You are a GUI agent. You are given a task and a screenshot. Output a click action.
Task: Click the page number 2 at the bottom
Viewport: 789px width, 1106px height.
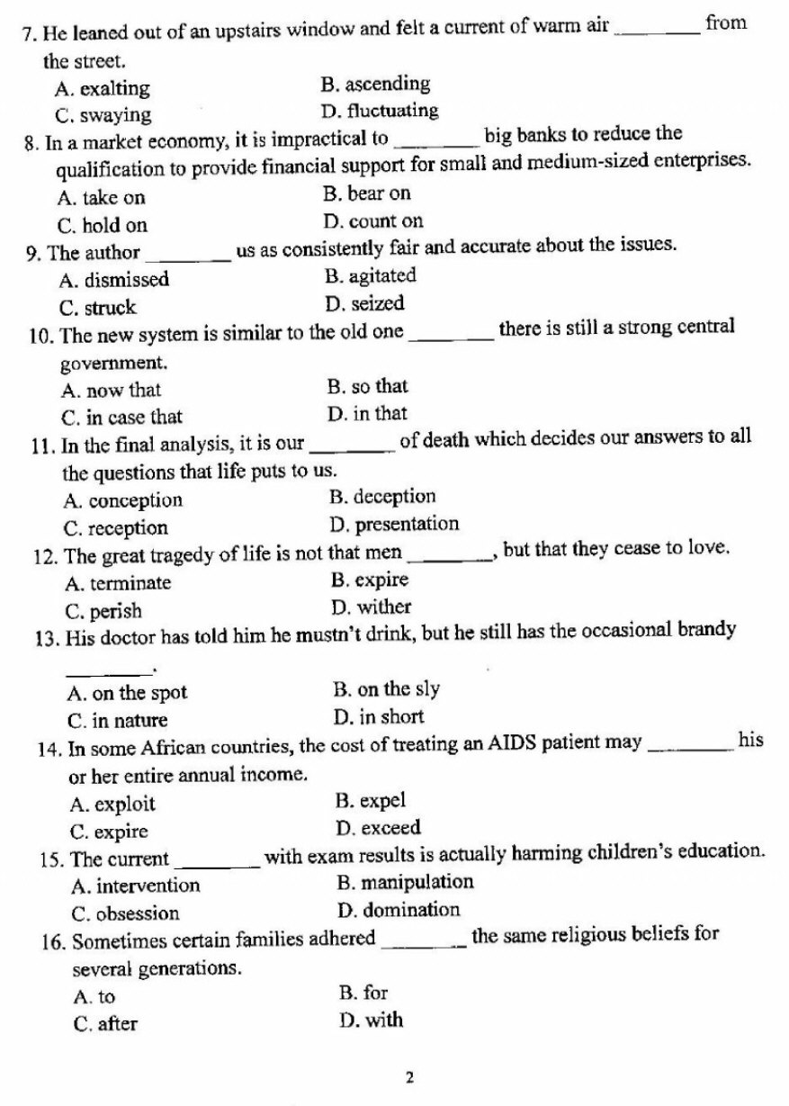pyautogui.click(x=409, y=1076)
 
